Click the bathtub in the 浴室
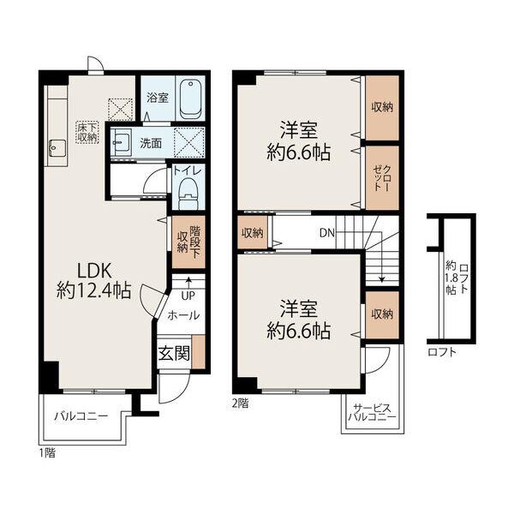[x=190, y=99]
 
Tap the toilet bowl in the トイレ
[x=188, y=194]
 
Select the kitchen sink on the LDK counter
[x=57, y=149]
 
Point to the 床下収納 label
[x=87, y=132]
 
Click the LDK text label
[x=94, y=271]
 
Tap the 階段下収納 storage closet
[x=188, y=242]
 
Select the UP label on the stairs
[x=188, y=296]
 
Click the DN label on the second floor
[x=327, y=233]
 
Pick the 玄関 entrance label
[x=174, y=353]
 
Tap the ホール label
[x=183, y=315]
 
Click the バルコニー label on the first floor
[x=81, y=416]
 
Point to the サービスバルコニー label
[x=372, y=413]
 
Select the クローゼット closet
[x=382, y=177]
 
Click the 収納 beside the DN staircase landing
[x=252, y=233]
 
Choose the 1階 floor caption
[x=47, y=453]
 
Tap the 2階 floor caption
[x=240, y=403]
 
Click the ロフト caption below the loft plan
[x=442, y=352]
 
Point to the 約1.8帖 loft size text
[x=451, y=278]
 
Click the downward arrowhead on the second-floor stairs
[x=381, y=279]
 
